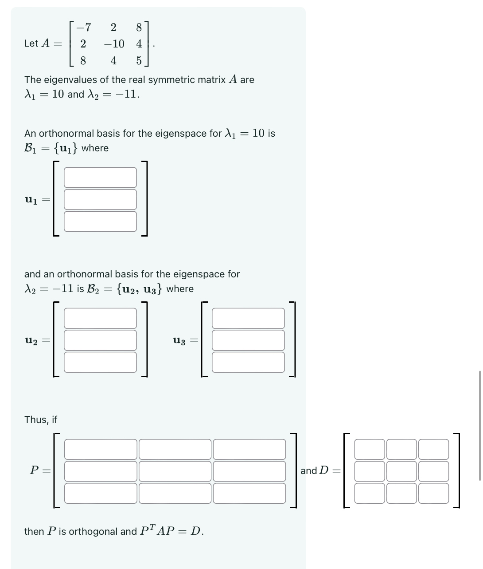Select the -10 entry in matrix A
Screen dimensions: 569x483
pyautogui.click(x=114, y=44)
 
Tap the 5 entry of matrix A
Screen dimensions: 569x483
pyautogui.click(x=139, y=61)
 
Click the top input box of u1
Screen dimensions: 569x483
pyautogui.click(x=100, y=178)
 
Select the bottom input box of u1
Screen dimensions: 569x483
pyautogui.click(x=100, y=221)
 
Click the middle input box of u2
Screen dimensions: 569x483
pyautogui.click(x=100, y=340)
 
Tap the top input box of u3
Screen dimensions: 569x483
pyautogui.click(x=248, y=318)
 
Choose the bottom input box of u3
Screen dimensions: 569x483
pyautogui.click(x=248, y=362)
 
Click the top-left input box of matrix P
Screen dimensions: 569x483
pyautogui.click(x=101, y=449)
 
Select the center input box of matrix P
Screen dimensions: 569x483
pyautogui.click(x=175, y=471)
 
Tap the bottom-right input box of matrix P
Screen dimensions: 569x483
pyautogui.click(x=249, y=493)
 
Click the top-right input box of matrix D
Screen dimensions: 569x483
pyautogui.click(x=433, y=449)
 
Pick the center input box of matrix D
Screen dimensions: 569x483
pyautogui.click(x=401, y=471)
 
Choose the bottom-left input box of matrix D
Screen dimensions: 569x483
pyautogui.click(x=370, y=493)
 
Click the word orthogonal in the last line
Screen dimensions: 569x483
pyautogui.click(x=93, y=532)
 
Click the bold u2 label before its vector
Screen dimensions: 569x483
pyautogui.click(x=31, y=340)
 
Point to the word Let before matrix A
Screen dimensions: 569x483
pyautogui.click(x=31, y=43)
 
